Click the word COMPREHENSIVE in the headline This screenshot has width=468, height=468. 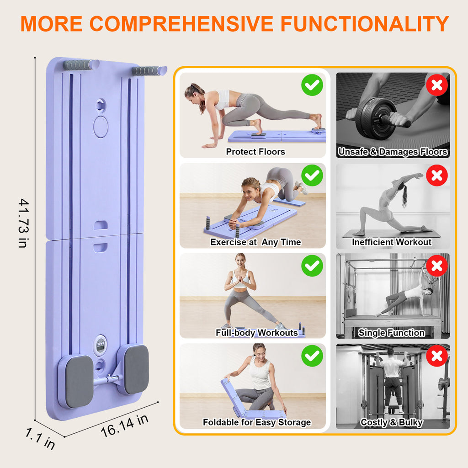tap(192, 24)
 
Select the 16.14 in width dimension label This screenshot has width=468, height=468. tap(124, 425)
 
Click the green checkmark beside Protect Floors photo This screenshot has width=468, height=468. tap(312, 85)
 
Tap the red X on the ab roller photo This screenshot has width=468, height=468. tap(437, 85)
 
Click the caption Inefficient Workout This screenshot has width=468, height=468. tap(392, 242)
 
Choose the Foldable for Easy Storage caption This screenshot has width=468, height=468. tap(256, 422)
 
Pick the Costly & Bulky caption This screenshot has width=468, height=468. tap(391, 422)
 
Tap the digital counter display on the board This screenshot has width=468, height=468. tap(100, 345)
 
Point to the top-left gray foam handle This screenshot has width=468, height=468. tap(80, 65)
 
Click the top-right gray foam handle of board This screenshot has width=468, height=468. tap(149, 71)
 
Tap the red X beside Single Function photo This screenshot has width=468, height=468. tap(437, 266)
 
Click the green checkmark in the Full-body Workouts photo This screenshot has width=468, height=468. tap(312, 266)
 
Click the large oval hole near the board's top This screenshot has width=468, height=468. tap(101, 127)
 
